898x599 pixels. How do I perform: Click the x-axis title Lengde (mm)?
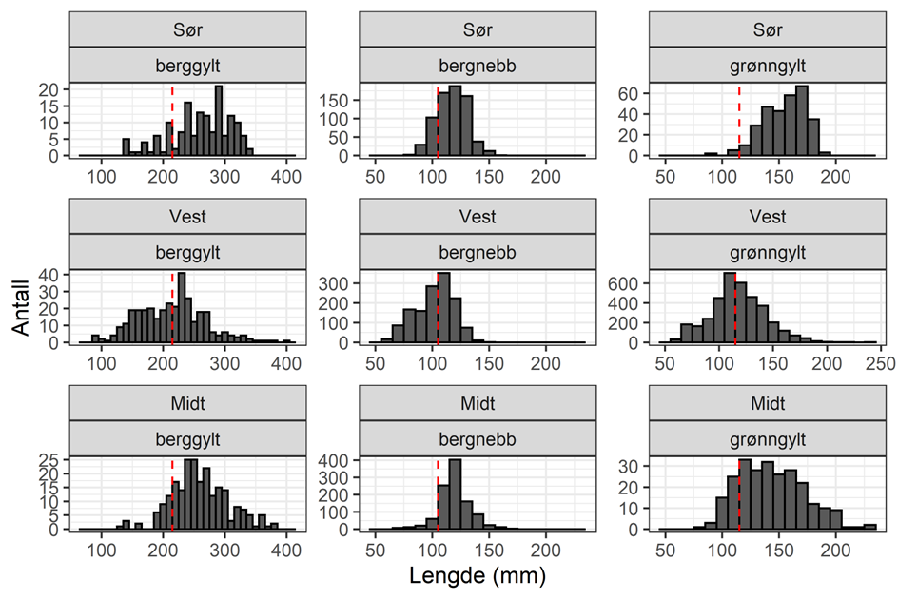(x=475, y=575)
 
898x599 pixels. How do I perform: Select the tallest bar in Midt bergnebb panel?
(x=454, y=494)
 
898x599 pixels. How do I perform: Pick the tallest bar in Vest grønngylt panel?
(x=730, y=309)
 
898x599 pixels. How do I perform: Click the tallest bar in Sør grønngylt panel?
(x=801, y=121)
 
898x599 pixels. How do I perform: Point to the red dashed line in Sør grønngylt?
(x=739, y=124)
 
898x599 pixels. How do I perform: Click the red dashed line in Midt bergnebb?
(x=438, y=494)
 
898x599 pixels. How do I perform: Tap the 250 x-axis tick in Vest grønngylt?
(x=877, y=362)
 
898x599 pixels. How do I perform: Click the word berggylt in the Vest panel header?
(x=187, y=252)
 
